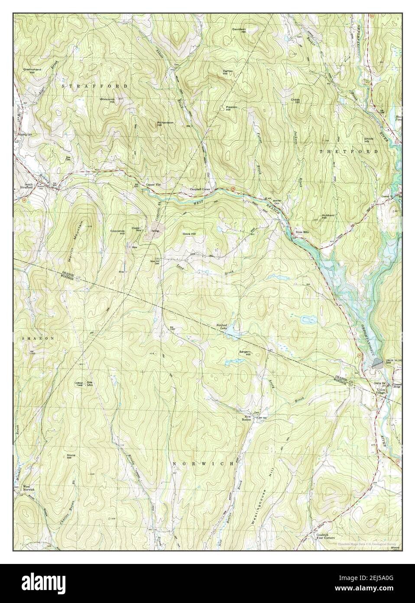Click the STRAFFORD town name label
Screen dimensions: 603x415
[x=94, y=86]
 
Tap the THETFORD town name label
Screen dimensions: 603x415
[x=348, y=151]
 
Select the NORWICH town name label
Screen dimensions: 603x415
[x=203, y=464]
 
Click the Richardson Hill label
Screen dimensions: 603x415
[x=165, y=124]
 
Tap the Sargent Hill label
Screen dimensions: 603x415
[x=245, y=353]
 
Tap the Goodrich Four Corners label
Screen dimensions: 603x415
[x=323, y=537]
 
